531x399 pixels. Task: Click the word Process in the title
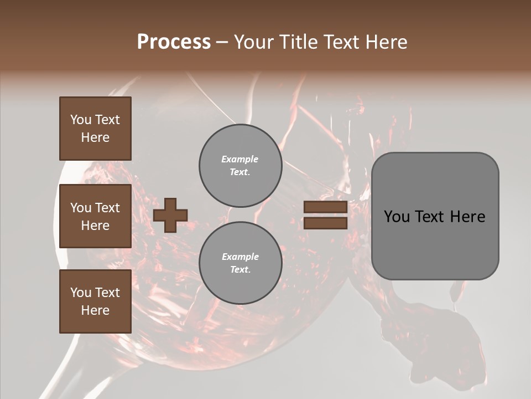[x=174, y=42]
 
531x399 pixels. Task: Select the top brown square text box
[x=95, y=129]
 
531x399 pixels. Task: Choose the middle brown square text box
[x=95, y=216]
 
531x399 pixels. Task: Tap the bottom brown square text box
[x=95, y=301]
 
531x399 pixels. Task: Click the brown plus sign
[x=170, y=215]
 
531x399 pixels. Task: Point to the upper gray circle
[x=240, y=165]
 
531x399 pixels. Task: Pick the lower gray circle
[x=240, y=263]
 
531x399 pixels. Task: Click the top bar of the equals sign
[x=325, y=207]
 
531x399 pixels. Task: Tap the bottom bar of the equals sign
[x=325, y=223]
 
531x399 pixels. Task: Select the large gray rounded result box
[x=435, y=216]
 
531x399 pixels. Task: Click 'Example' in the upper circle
[x=240, y=159]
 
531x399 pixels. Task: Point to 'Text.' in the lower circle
[x=240, y=270]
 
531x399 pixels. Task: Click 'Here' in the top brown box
[x=95, y=137]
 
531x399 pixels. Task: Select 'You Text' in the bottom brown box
[x=95, y=293]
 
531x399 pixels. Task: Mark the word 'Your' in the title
[x=254, y=42]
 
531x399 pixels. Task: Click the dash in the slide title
[x=222, y=42]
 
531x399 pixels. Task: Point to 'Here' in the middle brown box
[x=95, y=226]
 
